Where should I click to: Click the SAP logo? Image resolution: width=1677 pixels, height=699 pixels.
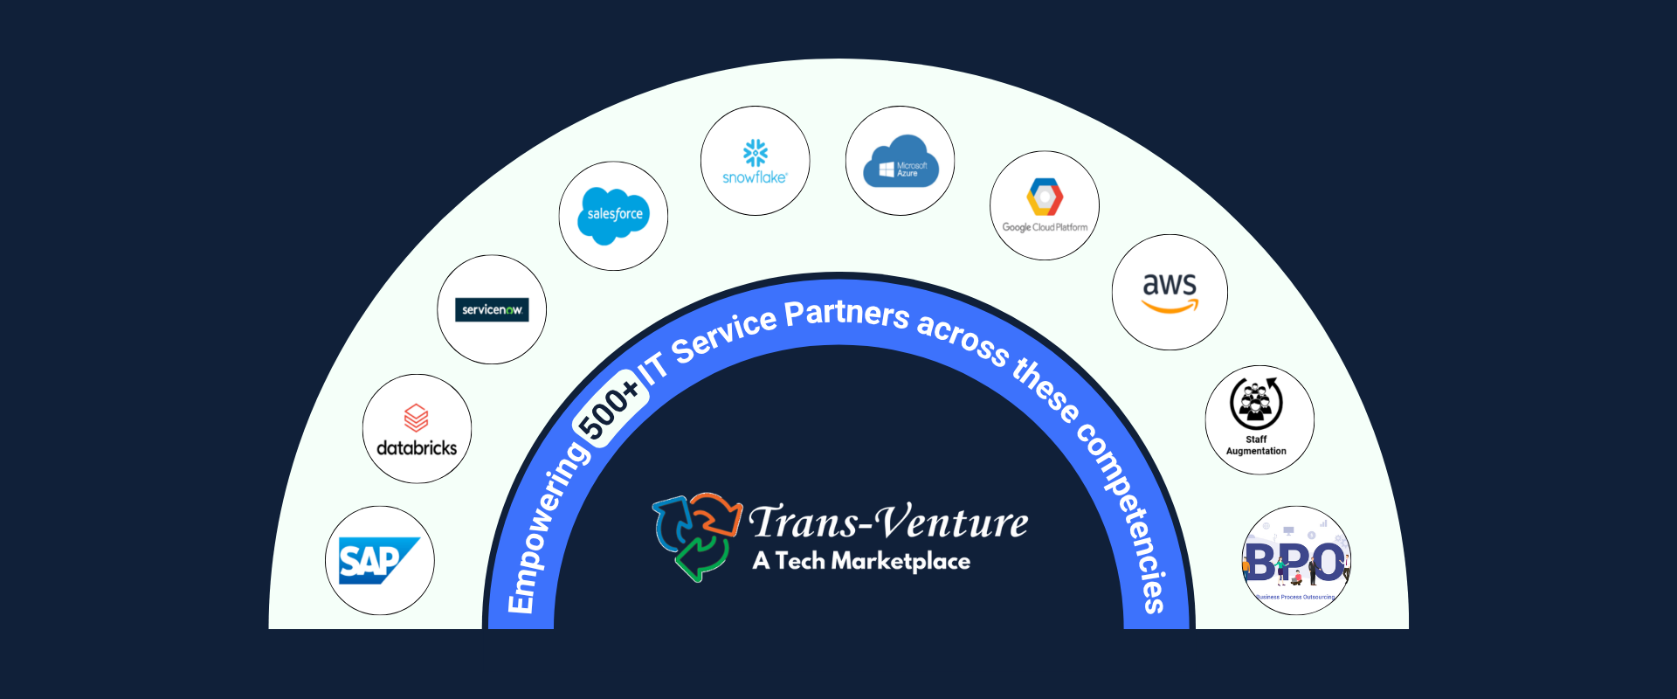[x=379, y=561]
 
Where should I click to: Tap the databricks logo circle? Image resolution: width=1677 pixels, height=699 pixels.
[x=417, y=429]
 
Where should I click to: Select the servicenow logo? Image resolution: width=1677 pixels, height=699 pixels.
[x=492, y=309]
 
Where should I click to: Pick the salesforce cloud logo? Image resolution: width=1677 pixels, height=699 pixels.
[x=613, y=215]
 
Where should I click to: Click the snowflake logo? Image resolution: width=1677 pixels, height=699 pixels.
[x=755, y=162]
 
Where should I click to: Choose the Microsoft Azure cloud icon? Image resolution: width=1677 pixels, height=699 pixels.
[x=901, y=162]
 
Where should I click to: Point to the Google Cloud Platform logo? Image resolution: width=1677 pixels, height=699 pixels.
[x=1045, y=206]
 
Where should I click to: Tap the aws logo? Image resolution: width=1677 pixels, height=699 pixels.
[x=1170, y=292]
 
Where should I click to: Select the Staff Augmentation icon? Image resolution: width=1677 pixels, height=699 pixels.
[x=1257, y=403]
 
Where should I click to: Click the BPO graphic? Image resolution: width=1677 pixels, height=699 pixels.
[x=1296, y=562]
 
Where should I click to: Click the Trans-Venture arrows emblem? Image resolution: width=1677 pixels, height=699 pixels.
[x=696, y=536]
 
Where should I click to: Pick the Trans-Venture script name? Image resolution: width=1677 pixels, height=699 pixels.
[x=888, y=523]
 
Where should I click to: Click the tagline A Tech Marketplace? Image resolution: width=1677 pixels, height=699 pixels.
[x=861, y=561]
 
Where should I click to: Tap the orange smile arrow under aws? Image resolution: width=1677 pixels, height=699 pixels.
[x=1170, y=307]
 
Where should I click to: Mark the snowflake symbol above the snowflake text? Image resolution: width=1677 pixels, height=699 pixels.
[x=756, y=153]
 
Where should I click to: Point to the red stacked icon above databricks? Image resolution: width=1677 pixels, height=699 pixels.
[x=417, y=417]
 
